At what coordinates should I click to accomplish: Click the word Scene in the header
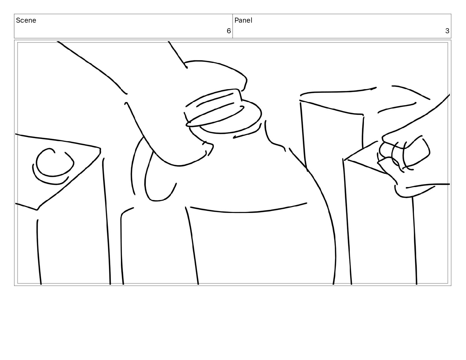pos(26,20)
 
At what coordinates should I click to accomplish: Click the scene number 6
pos(229,31)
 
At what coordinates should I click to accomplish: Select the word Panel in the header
pos(243,20)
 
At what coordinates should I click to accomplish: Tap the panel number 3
pos(447,31)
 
